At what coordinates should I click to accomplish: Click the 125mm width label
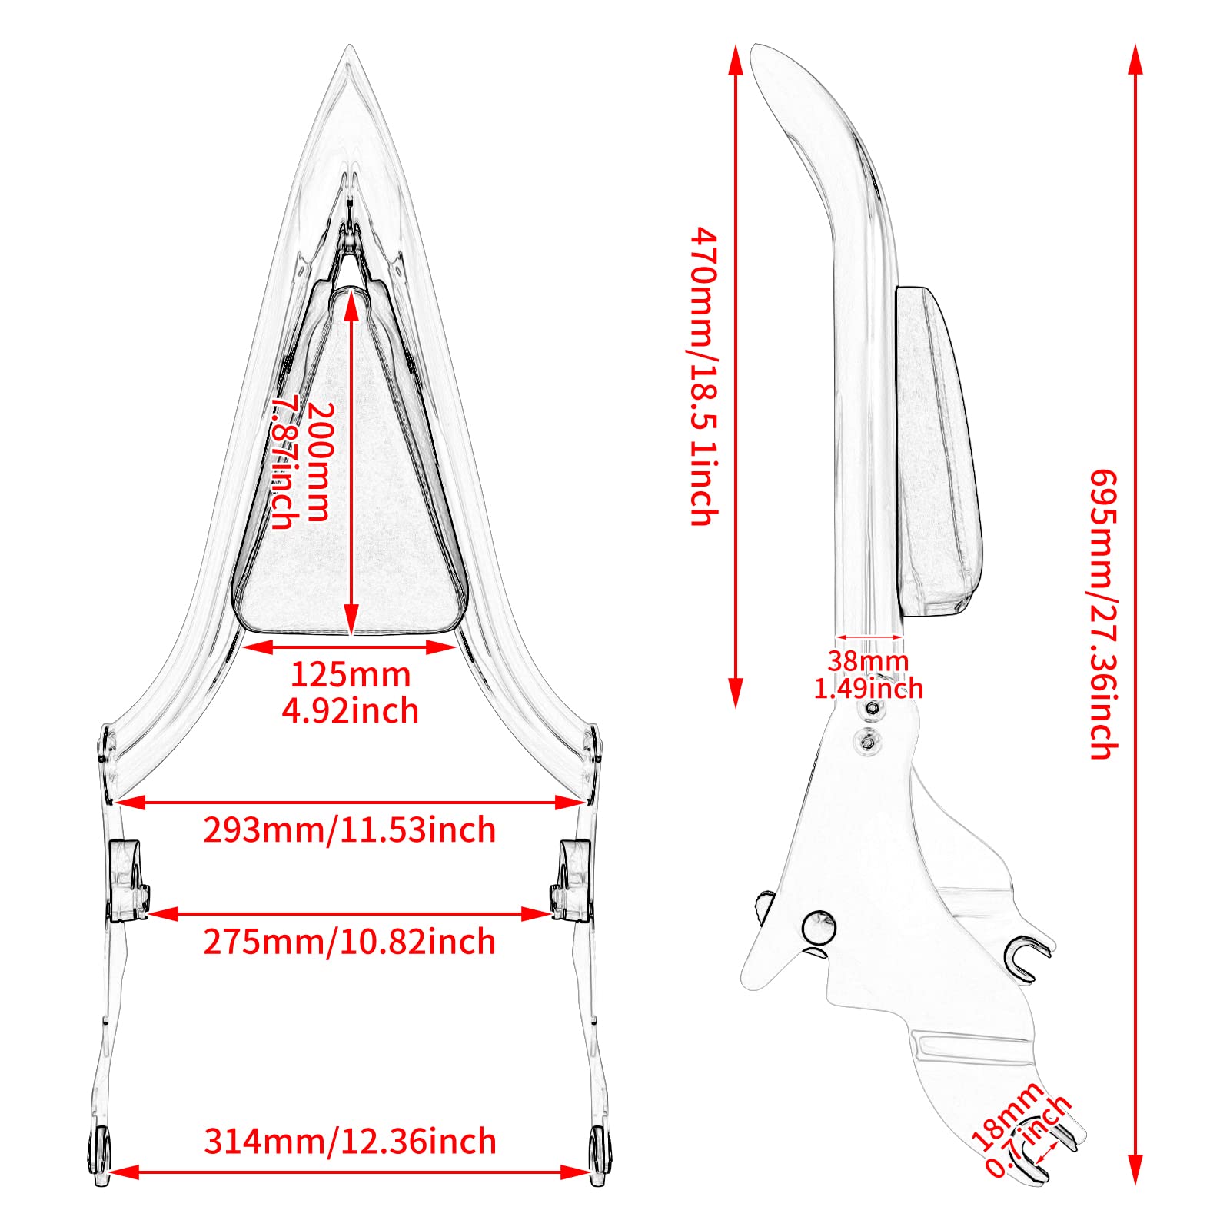pyautogui.click(x=351, y=675)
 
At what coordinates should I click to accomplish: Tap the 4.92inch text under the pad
pyautogui.click(x=351, y=711)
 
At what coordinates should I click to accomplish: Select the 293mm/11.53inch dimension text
pyautogui.click(x=350, y=830)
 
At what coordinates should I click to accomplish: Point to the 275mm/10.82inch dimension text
pyautogui.click(x=350, y=942)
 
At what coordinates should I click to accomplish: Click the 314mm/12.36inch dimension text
pyautogui.click(x=351, y=1142)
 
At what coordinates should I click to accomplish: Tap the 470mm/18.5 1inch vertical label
pyautogui.click(x=703, y=376)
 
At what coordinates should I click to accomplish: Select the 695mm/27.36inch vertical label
pyautogui.click(x=1103, y=614)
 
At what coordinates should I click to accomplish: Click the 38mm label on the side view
pyautogui.click(x=868, y=661)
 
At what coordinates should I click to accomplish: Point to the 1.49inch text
pyautogui.click(x=869, y=688)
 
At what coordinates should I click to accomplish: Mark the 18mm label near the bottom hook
pyautogui.click(x=1006, y=1115)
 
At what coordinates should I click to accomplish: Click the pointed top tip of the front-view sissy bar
pyautogui.click(x=350, y=46)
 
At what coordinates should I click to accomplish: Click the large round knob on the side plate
pyautogui.click(x=818, y=928)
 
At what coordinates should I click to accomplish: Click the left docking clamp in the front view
pyautogui.click(x=128, y=881)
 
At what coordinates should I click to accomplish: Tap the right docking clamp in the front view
pyautogui.click(x=572, y=881)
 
